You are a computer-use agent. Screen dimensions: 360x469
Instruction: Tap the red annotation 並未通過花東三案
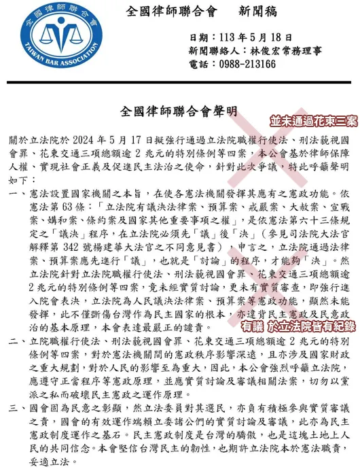click(313, 122)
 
